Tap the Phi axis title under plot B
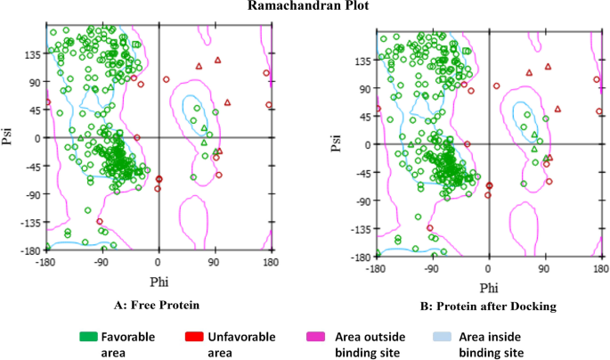click(x=488, y=288)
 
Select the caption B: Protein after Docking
click(x=487, y=306)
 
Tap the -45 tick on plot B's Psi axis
click(x=362, y=173)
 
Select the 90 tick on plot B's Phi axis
click(x=544, y=268)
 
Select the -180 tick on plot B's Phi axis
click(x=376, y=268)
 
